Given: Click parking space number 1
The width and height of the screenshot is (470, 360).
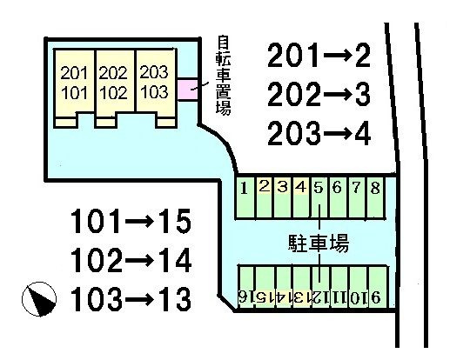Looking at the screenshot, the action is click(x=245, y=197).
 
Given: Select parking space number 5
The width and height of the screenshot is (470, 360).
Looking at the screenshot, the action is click(x=319, y=197).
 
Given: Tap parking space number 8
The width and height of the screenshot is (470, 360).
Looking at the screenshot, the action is click(x=376, y=197).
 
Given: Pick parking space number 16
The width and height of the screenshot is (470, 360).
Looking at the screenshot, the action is click(x=246, y=287).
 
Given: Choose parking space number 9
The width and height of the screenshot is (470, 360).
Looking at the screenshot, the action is click(x=378, y=287).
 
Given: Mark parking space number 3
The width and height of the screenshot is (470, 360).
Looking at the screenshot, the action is click(x=283, y=197).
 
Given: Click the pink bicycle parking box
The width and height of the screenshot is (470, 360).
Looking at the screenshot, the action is click(x=188, y=89).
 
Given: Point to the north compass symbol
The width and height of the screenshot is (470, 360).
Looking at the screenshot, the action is click(x=39, y=299).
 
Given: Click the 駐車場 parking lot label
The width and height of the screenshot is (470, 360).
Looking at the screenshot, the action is click(x=319, y=243).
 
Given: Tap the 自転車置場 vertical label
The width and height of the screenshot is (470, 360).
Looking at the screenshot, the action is click(x=224, y=75).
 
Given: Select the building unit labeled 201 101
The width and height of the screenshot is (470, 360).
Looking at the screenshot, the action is click(x=74, y=89).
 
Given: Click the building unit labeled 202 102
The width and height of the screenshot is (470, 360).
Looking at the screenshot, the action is click(x=115, y=89).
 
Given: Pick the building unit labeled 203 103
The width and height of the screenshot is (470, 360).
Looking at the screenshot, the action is click(x=156, y=89).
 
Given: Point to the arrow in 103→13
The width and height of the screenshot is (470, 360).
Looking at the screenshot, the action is click(x=138, y=299).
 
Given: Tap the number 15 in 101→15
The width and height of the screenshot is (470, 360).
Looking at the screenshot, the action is click(x=175, y=222).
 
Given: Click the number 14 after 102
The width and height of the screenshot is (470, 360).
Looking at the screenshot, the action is click(x=175, y=260).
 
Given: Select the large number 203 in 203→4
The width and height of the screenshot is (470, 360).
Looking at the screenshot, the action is click(x=293, y=133).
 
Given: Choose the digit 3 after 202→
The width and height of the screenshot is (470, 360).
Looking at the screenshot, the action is click(x=363, y=95).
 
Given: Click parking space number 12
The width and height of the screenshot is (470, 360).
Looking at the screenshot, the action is click(x=320, y=287).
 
